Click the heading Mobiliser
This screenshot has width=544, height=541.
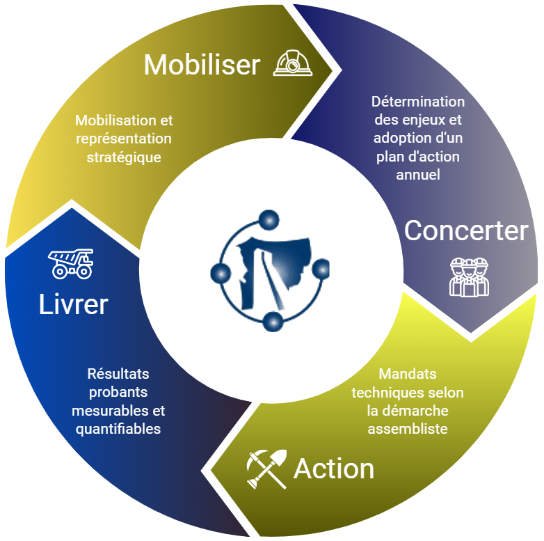click(x=202, y=65)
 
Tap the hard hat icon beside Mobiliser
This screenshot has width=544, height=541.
click(x=293, y=63)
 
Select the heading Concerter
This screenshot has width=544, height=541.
click(x=466, y=230)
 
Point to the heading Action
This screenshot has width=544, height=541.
click(x=334, y=469)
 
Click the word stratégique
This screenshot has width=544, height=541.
click(x=124, y=157)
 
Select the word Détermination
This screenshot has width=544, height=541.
click(x=417, y=102)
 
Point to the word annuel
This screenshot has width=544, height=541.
click(x=418, y=175)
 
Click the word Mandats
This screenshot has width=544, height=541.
click(x=408, y=375)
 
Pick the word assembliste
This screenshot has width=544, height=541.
click(x=408, y=429)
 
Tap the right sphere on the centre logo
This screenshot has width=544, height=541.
click(x=321, y=268)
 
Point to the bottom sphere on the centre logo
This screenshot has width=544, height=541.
click(x=273, y=321)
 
